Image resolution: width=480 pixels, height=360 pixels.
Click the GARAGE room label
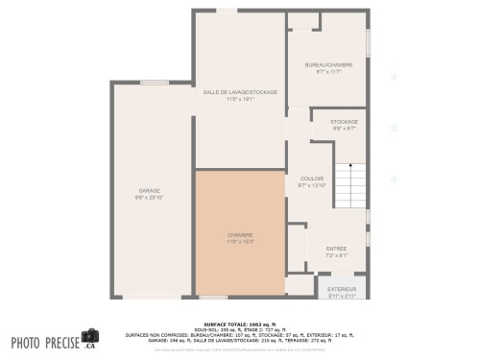150,191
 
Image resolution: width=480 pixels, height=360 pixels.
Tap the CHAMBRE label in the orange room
240,234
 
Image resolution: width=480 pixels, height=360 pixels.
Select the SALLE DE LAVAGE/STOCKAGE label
240,92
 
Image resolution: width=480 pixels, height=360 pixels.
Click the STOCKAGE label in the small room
344,122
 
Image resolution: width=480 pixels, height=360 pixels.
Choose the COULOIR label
312,179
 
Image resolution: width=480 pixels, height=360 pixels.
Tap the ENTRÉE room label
336,249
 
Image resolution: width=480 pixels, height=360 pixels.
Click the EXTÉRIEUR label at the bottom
343,288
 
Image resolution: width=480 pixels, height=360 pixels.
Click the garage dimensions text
150,198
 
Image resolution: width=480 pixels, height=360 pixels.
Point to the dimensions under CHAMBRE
240,241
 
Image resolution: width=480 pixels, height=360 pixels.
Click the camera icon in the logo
90,337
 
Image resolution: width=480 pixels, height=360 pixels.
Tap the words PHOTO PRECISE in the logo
44,342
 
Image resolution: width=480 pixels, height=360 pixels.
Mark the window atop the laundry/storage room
227,11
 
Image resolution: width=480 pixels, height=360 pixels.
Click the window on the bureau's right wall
368,44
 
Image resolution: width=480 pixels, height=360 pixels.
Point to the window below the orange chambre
213,297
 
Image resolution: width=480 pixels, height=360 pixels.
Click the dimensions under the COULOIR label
312,185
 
